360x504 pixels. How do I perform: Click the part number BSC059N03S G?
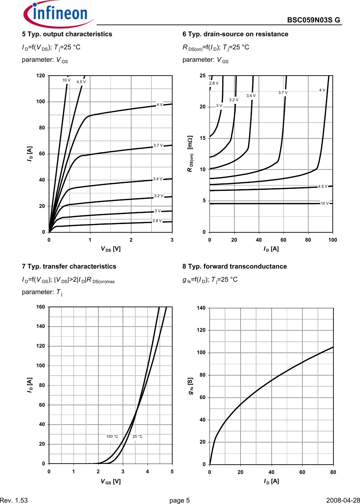click(x=313, y=20)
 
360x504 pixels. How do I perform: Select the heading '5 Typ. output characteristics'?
click(x=67, y=34)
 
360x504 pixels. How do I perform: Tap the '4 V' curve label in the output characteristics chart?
click(x=159, y=105)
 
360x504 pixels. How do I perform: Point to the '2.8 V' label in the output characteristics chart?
click(x=157, y=221)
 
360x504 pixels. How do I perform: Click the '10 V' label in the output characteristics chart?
click(x=66, y=80)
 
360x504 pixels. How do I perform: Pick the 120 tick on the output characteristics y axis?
click(x=41, y=76)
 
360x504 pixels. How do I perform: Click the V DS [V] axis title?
click(x=110, y=249)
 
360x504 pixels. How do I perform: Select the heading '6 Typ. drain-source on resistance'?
click(x=235, y=34)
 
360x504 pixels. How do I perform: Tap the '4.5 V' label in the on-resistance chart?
click(x=323, y=186)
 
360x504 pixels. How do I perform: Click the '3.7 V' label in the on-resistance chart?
click(x=283, y=93)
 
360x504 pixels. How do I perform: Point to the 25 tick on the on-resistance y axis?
click(x=203, y=76)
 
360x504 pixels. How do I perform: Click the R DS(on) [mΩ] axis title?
click(x=190, y=153)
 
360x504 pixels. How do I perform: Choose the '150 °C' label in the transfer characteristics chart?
click(x=112, y=436)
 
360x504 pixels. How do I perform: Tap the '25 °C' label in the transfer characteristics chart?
click(x=137, y=436)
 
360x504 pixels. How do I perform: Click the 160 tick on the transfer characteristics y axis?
click(x=41, y=307)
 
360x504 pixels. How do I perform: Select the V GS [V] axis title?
click(x=110, y=482)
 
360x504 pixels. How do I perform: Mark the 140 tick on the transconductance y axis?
click(x=201, y=308)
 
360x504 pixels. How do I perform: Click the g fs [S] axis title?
click(x=191, y=386)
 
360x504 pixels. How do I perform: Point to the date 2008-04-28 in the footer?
click(x=343, y=501)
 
